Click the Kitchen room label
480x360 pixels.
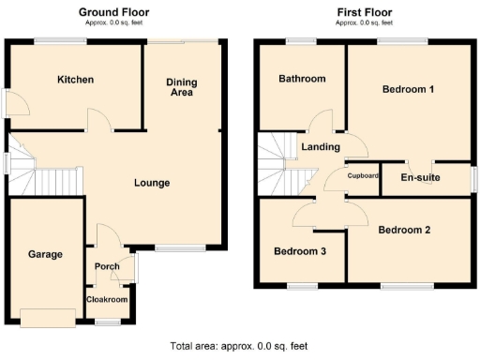[75, 80]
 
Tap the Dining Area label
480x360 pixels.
[183, 87]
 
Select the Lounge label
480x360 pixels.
[151, 183]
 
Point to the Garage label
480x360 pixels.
[44, 254]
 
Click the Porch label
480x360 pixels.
[107, 267]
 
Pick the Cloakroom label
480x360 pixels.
[107, 300]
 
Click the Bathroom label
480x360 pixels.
[302, 79]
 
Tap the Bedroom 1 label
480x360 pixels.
[408, 90]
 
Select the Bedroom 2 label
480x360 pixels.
[405, 230]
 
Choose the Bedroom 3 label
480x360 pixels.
[300, 251]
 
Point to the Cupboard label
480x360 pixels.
[363, 175]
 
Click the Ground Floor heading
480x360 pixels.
[115, 11]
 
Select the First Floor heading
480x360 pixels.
[365, 11]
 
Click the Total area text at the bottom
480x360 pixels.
[239, 345]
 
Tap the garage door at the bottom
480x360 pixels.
[49, 318]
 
